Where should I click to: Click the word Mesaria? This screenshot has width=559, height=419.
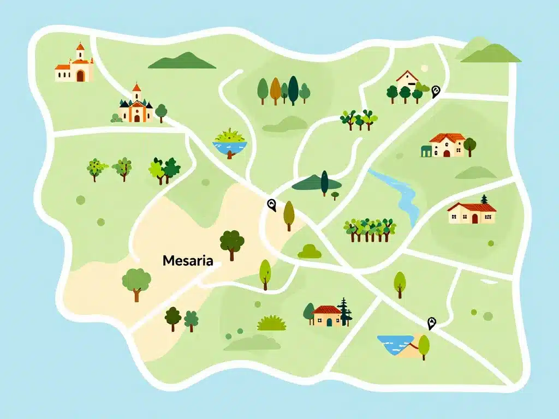pyautogui.click(x=188, y=261)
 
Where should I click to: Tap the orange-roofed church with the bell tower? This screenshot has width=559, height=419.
pyautogui.click(x=75, y=67)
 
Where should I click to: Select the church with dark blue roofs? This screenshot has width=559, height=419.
pyautogui.click(x=135, y=106)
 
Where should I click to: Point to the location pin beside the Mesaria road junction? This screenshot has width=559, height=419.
pyautogui.click(x=271, y=205)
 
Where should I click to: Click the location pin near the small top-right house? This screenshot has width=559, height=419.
pyautogui.click(x=435, y=91)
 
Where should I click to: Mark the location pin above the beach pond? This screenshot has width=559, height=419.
pyautogui.click(x=432, y=323)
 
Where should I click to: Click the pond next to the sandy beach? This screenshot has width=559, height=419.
pyautogui.click(x=394, y=344)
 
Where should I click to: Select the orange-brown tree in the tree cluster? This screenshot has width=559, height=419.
pyautogui.click(x=275, y=88)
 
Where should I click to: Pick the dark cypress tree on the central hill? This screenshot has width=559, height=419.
pyautogui.click(x=324, y=183)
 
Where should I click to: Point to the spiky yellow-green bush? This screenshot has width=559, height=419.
pyautogui.click(x=271, y=323)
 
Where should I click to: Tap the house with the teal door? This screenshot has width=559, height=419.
pyautogui.click(x=327, y=316)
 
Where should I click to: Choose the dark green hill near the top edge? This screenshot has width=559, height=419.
pyautogui.click(x=182, y=62)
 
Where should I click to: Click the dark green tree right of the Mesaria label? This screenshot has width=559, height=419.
pyautogui.click(x=232, y=243)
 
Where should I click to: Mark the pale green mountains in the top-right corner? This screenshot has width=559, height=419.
pyautogui.click(x=487, y=51)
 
